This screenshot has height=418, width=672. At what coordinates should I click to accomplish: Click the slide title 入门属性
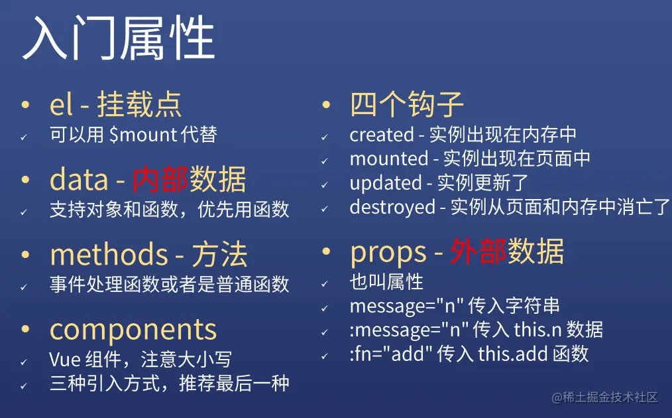(119, 38)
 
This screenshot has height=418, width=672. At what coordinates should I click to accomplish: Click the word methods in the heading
(109, 255)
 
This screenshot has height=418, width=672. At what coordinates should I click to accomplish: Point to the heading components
(133, 329)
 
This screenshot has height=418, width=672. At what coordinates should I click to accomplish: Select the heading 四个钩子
(406, 104)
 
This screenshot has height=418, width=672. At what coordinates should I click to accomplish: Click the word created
(381, 135)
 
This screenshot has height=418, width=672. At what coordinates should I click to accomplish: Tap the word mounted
(389, 159)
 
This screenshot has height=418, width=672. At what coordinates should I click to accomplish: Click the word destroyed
(392, 207)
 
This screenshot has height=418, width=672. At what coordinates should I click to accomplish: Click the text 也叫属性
(386, 281)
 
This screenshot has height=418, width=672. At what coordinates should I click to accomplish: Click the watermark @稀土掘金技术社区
(604, 397)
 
